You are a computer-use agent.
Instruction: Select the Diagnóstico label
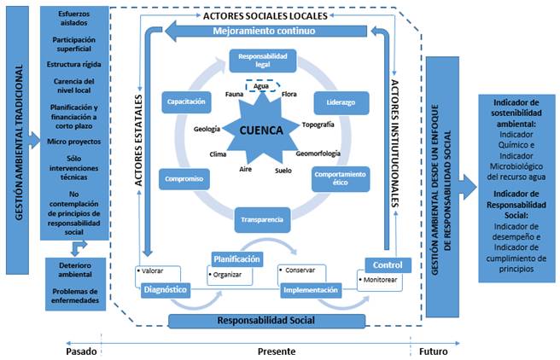(165, 288)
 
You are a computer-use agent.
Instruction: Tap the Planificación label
(236, 258)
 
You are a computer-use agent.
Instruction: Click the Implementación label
(311, 289)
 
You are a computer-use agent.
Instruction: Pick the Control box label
(382, 264)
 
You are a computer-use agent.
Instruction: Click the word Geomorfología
(318, 154)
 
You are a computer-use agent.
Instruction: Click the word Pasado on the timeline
(82, 350)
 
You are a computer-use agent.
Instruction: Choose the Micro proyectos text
(73, 141)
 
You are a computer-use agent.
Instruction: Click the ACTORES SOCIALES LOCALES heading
(264, 15)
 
